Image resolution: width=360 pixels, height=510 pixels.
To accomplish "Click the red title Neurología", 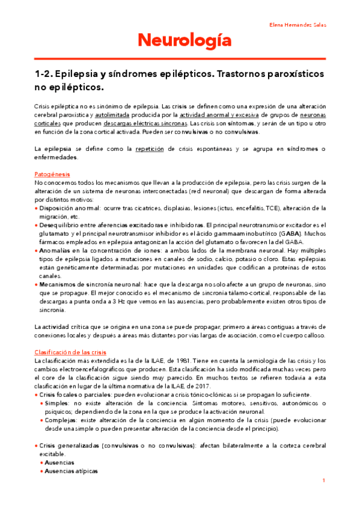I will (x=180, y=41).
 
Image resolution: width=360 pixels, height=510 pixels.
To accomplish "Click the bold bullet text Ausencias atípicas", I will (x=72, y=471).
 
